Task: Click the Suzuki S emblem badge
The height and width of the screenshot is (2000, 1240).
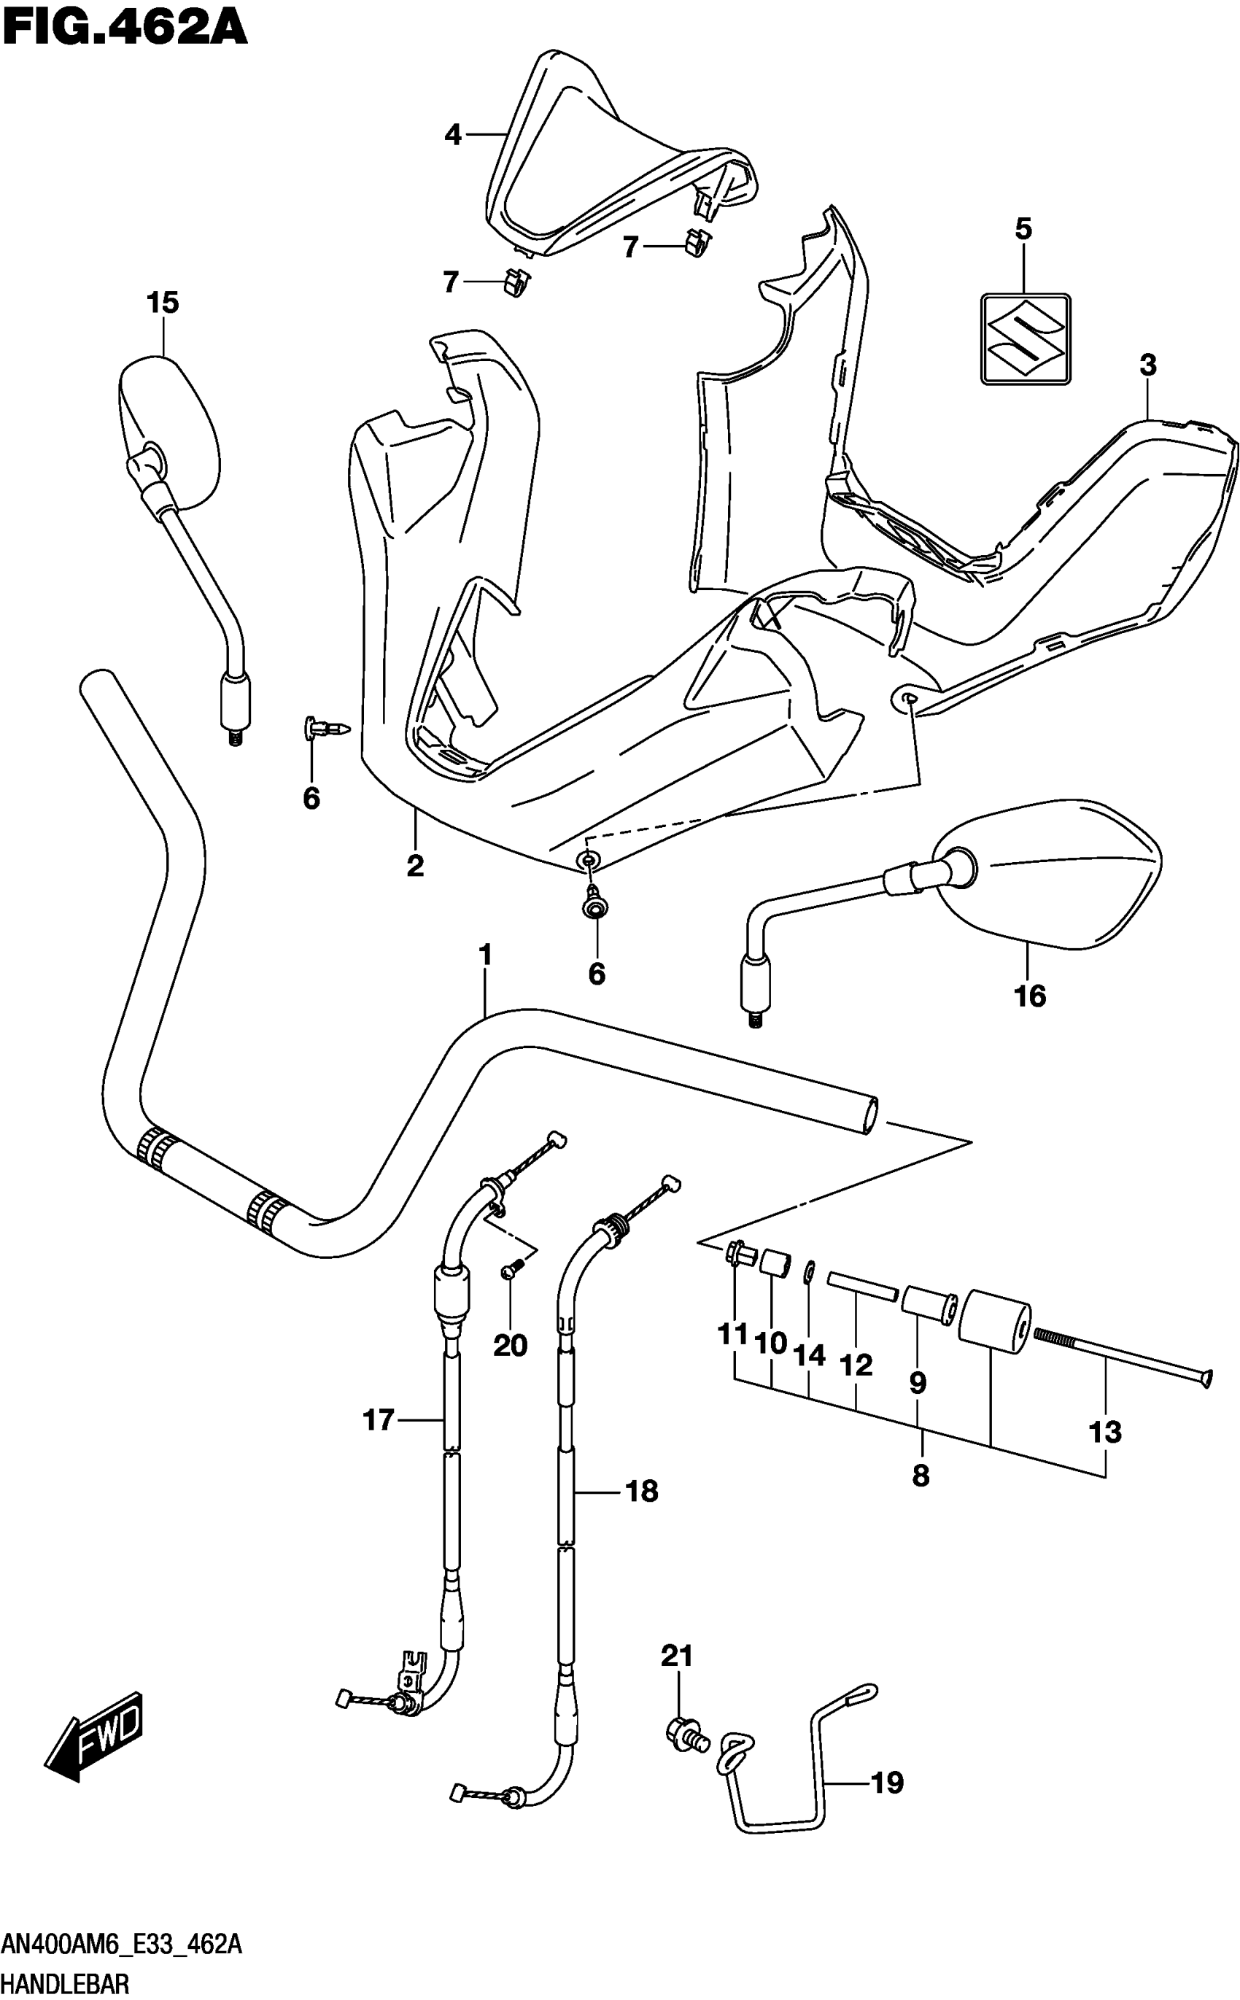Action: click(x=1025, y=338)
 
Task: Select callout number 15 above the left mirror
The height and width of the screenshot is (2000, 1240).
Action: click(x=163, y=303)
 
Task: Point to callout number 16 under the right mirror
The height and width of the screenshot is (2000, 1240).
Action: click(x=1029, y=996)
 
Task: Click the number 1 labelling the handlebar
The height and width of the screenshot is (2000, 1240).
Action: click(x=486, y=956)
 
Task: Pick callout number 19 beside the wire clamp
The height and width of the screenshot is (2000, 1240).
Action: click(x=886, y=1783)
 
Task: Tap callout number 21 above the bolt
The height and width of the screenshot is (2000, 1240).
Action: click(x=678, y=1656)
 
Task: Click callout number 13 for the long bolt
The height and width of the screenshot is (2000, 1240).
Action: click(x=1104, y=1432)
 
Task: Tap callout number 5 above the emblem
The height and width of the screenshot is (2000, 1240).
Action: click(x=1023, y=229)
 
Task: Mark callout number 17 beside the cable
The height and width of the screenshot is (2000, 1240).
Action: click(x=379, y=1419)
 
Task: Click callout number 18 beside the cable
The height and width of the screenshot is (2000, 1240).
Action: click(x=641, y=1491)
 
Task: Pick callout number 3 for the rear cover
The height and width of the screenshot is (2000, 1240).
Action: click(x=1147, y=365)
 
